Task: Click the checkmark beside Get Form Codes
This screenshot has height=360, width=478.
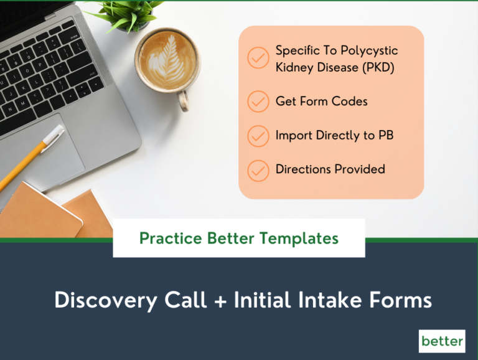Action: [258, 101]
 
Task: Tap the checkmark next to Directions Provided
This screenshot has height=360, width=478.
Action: [258, 169]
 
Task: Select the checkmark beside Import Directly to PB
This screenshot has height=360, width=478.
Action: [258, 135]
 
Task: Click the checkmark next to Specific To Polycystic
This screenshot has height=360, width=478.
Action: [258, 58]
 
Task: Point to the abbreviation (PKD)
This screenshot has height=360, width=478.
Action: [377, 67]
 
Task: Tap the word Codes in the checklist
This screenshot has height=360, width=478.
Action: [349, 101]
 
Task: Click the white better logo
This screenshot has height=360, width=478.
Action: [442, 341]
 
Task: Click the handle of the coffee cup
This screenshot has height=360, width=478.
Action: [184, 100]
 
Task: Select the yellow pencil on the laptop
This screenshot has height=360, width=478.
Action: [31, 156]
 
